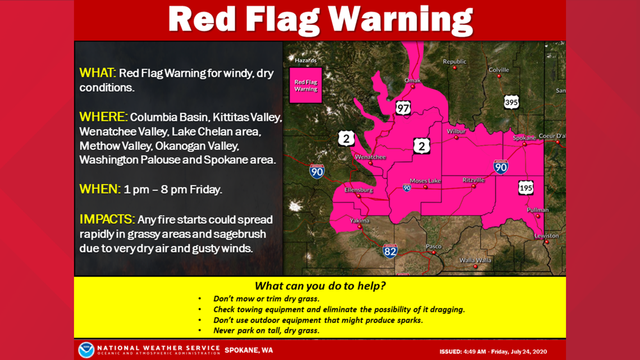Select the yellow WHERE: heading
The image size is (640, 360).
[x=103, y=117]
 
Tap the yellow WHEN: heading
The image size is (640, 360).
[x=100, y=189]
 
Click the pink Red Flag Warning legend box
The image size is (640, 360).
[x=305, y=85]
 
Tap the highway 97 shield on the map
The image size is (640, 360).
[x=403, y=107]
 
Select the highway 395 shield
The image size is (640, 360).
[x=511, y=102]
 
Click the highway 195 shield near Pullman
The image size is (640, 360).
[x=525, y=188]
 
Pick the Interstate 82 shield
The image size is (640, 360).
[x=390, y=251]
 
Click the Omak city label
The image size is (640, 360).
[x=413, y=81]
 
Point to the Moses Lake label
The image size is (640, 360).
[x=425, y=181]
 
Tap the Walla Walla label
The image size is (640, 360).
[x=475, y=260]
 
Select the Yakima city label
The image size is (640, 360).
[x=359, y=221]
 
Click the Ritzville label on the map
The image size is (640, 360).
[x=473, y=180]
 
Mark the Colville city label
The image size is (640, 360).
[x=499, y=70]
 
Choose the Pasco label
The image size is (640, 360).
[x=433, y=247]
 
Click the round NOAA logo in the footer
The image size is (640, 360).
[x=86, y=350]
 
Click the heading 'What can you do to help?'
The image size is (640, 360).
[x=320, y=286]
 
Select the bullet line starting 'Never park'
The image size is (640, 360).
[x=266, y=330]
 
